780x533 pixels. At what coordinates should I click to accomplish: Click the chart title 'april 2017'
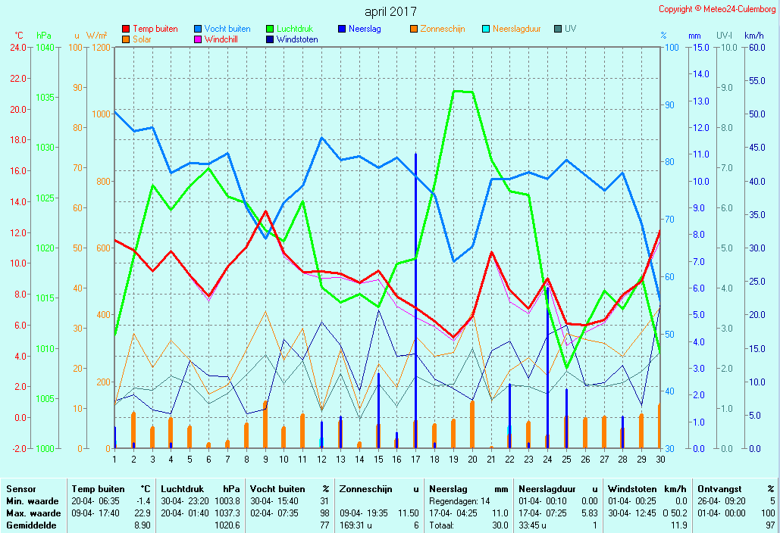(390, 11)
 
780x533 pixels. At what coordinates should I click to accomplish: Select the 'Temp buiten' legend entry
(155, 29)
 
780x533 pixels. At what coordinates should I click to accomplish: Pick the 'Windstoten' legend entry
(297, 39)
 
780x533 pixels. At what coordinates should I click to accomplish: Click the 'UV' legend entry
(570, 29)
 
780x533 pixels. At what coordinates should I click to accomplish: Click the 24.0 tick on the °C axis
(19, 48)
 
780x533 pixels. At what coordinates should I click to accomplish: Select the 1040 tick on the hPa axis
(45, 48)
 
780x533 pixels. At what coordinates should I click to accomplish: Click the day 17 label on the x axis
(415, 459)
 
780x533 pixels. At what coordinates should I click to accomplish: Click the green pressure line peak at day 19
(454, 91)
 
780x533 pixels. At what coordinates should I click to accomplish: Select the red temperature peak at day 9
(265, 212)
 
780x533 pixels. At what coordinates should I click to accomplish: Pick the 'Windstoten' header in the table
(629, 489)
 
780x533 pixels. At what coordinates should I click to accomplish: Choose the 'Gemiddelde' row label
(28, 525)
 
